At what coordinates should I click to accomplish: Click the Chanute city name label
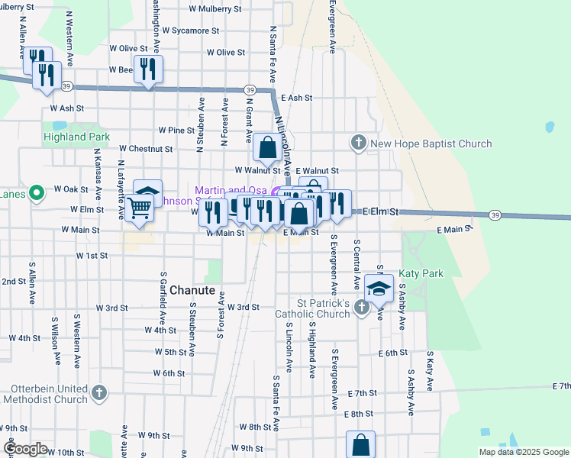click(193, 290)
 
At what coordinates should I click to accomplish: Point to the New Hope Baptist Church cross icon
click(359, 143)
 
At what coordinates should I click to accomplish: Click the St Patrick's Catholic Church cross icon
click(363, 309)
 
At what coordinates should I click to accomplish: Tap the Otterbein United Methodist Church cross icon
click(98, 393)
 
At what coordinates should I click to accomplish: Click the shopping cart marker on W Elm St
click(138, 206)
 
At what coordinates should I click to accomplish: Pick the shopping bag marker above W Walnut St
click(268, 147)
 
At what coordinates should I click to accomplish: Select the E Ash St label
click(297, 98)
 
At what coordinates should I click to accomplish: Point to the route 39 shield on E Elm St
click(495, 215)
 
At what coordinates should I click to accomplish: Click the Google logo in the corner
click(25, 449)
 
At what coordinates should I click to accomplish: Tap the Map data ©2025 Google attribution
click(523, 452)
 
